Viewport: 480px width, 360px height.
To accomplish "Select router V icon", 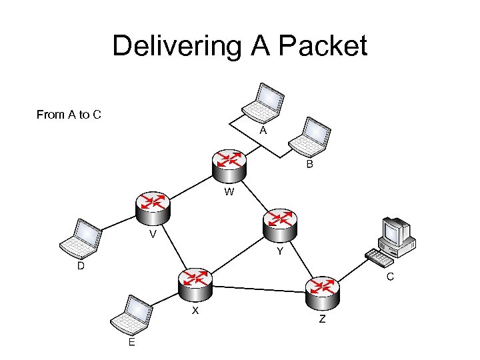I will coord(152,207).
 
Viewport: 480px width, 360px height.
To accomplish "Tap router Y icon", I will coord(281,225).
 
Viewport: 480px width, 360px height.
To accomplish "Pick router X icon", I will coord(195,285).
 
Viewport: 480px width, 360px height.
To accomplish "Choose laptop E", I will coord(132,316).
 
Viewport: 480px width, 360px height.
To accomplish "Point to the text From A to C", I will coord(69,115).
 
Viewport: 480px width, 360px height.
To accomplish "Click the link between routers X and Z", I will coord(260,288).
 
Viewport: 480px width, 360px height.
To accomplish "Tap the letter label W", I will coord(229,193).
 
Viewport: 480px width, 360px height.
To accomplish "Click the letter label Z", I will coord(322,319).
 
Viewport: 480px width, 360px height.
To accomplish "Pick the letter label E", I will coord(131,342).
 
